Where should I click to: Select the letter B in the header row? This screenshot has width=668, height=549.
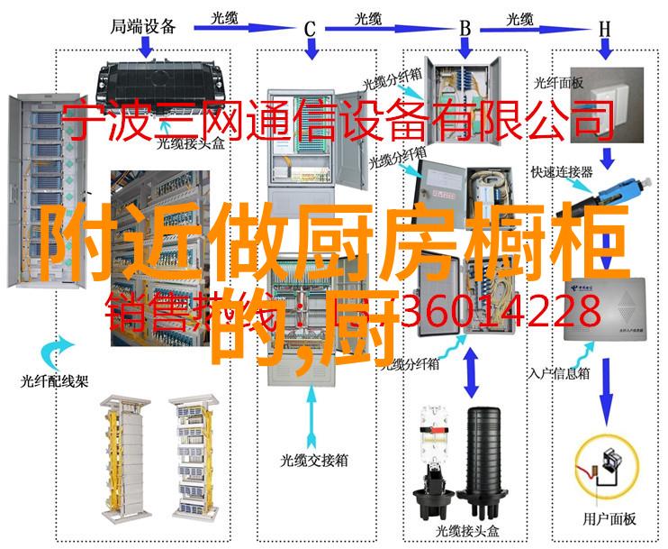click(465, 28)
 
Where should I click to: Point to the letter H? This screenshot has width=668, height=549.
click(605, 28)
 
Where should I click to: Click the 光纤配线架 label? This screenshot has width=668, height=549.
click(55, 380)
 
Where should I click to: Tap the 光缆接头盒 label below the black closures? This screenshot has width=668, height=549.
click(467, 528)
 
